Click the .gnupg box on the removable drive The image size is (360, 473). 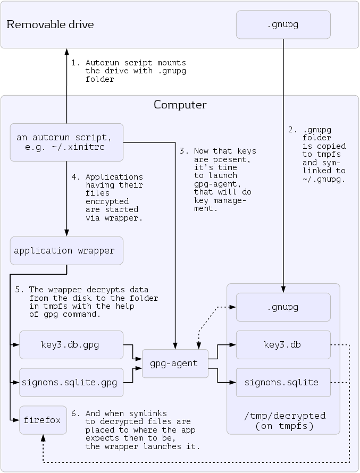(283, 24)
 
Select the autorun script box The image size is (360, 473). (66, 142)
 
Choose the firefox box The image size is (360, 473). (43, 420)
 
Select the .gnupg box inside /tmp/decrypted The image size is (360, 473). (283, 307)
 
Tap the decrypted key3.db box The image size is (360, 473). (283, 344)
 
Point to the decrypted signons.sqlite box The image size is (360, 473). (283, 382)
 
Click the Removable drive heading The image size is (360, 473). (50, 24)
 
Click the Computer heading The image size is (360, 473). (180, 105)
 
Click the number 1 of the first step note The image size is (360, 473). (74, 62)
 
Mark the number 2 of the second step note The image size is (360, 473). (291, 129)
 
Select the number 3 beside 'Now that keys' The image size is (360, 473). (182, 151)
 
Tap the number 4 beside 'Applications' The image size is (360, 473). (74, 177)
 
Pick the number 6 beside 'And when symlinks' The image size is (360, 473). (74, 413)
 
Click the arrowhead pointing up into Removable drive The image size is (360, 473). (67, 52)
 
